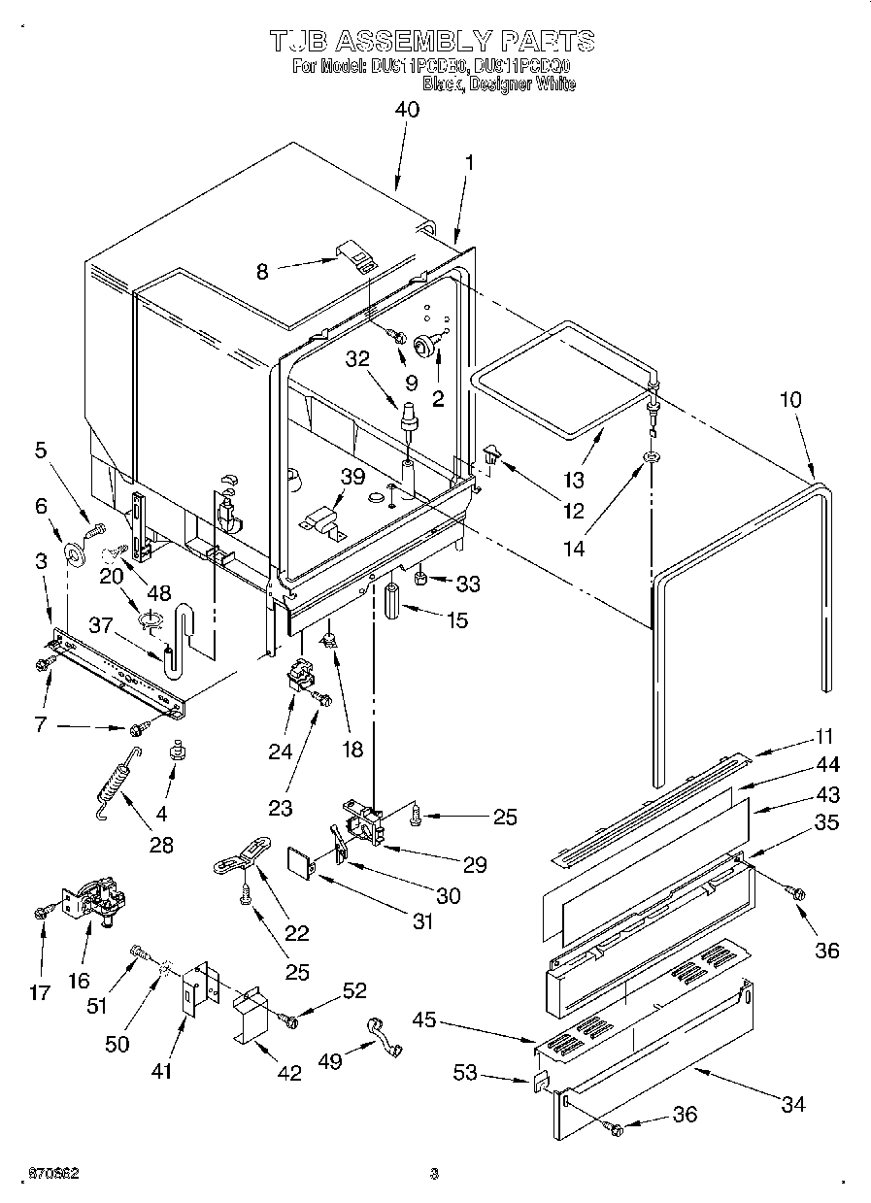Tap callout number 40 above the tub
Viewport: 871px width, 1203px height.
tap(407, 111)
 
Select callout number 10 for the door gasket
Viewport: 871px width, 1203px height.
tap(792, 399)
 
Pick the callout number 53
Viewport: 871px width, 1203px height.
tap(465, 1073)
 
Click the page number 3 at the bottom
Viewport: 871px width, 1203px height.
tap(435, 1174)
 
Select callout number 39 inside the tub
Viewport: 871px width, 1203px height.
tap(352, 475)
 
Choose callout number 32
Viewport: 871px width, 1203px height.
tap(357, 357)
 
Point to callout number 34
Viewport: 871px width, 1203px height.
tap(792, 1104)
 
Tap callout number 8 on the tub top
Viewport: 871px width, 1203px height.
tap(261, 272)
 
